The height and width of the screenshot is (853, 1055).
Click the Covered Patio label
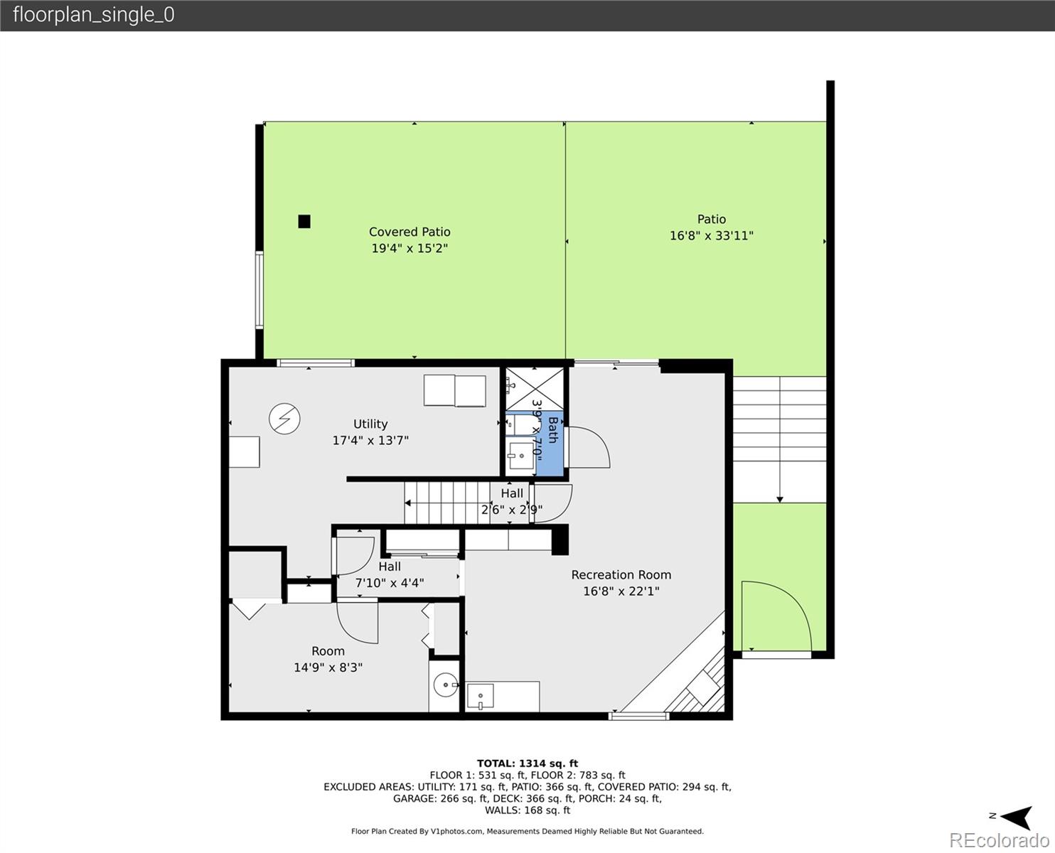tap(409, 232)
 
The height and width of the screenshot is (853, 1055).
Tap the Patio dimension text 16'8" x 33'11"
tap(711, 236)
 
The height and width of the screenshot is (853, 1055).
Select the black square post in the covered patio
tap(304, 221)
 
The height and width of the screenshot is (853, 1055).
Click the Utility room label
tap(370, 424)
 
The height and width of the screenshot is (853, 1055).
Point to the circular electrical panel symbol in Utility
tap(284, 419)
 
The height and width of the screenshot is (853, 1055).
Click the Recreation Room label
tap(621, 575)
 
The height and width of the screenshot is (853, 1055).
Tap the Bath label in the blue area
tap(553, 430)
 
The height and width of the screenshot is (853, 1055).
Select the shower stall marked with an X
tap(535, 389)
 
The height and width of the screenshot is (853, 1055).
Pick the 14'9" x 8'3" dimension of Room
tap(328, 667)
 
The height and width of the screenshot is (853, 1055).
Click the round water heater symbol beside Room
tap(446, 685)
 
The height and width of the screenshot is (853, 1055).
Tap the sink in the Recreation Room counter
tap(480, 696)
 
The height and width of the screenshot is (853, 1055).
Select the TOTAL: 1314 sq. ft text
tap(527, 763)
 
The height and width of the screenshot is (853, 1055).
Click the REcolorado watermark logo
tap(999, 840)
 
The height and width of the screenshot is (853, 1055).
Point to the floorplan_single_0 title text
tap(94, 15)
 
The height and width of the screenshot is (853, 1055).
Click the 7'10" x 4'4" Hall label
tap(390, 583)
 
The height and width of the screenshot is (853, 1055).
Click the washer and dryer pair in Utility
tap(455, 391)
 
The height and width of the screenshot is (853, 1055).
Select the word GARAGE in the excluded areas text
tap(414, 798)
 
